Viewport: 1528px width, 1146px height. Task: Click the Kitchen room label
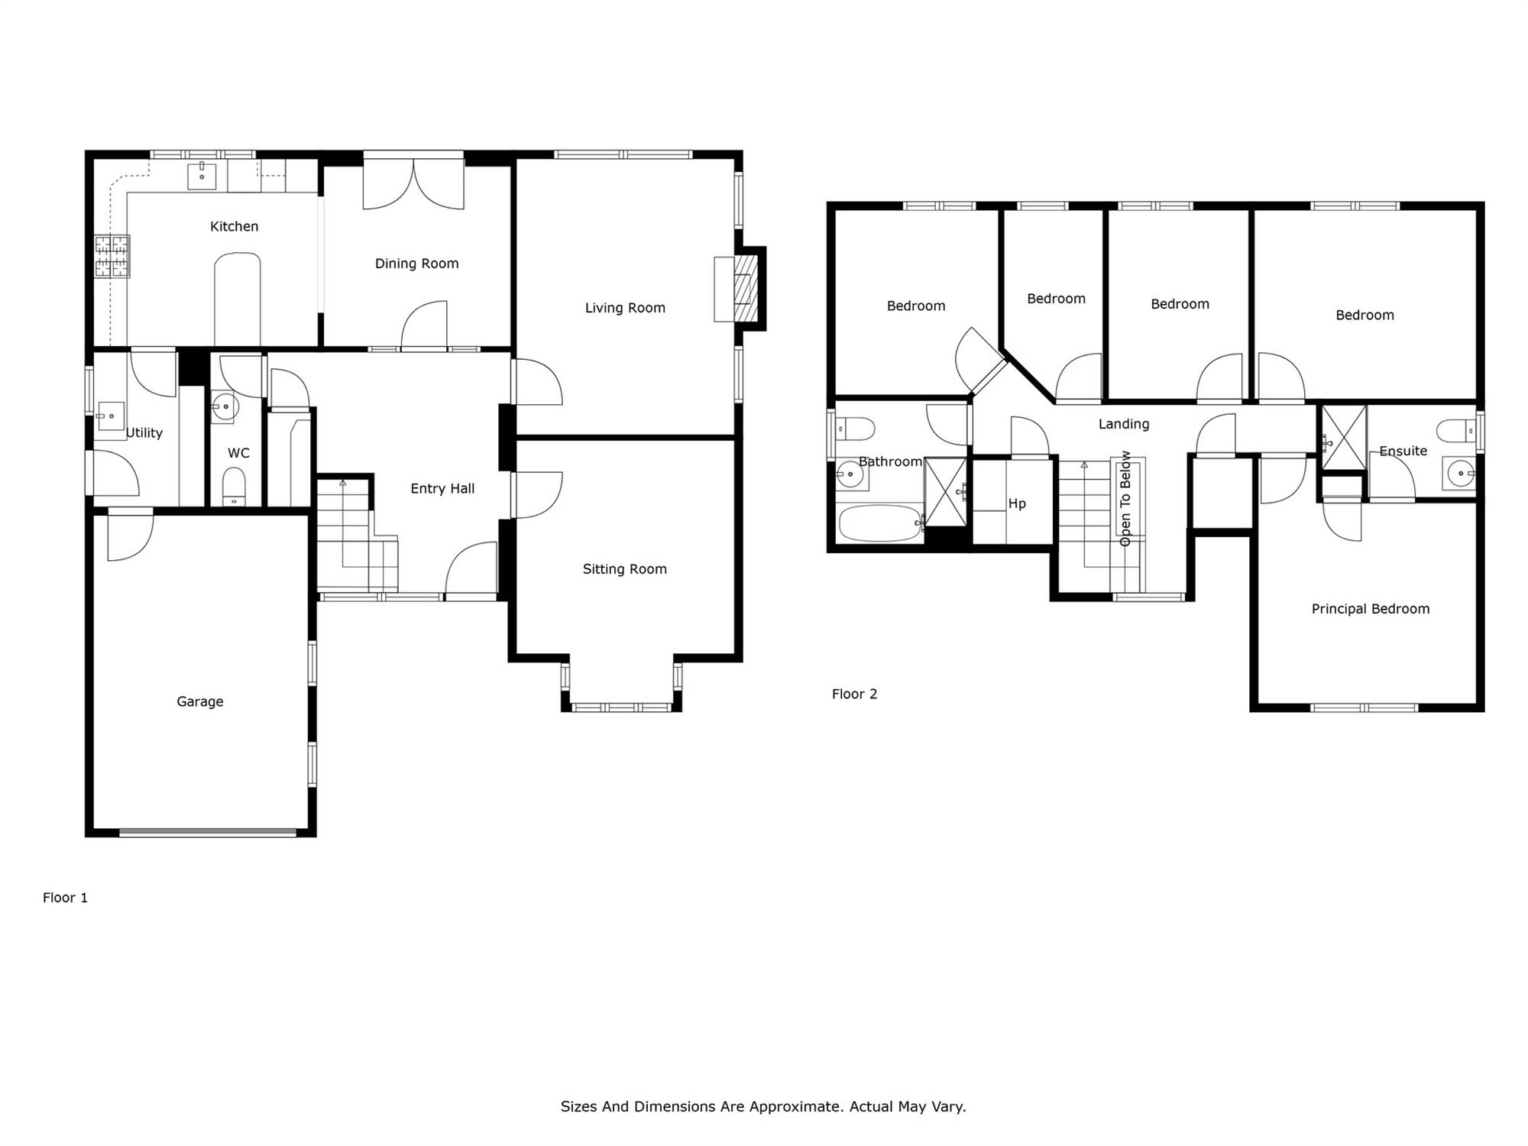click(x=234, y=226)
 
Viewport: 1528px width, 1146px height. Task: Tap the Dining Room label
click(x=416, y=264)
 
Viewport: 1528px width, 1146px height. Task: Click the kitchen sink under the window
click(x=202, y=176)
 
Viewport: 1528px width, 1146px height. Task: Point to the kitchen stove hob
click(x=112, y=257)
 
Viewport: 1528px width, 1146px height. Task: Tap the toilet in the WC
click(x=234, y=486)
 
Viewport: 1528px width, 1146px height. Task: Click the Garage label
click(x=200, y=701)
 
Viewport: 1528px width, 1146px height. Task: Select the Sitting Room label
click(x=624, y=569)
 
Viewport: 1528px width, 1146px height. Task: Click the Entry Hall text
click(x=442, y=489)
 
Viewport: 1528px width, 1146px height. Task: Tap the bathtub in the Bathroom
click(x=880, y=523)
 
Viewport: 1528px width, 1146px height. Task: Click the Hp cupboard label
click(x=1017, y=503)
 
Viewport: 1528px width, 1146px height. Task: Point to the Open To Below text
click(x=1125, y=498)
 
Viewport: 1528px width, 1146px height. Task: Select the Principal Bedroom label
click(x=1370, y=609)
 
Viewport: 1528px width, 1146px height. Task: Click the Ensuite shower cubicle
click(x=1344, y=438)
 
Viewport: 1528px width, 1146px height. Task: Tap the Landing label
click(x=1123, y=424)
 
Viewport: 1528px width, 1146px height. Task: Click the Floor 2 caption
click(x=854, y=694)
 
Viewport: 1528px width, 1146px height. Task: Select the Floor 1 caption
click(x=65, y=898)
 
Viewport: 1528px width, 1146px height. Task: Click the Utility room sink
click(x=111, y=416)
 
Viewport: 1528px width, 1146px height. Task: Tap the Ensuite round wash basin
click(x=1459, y=474)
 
